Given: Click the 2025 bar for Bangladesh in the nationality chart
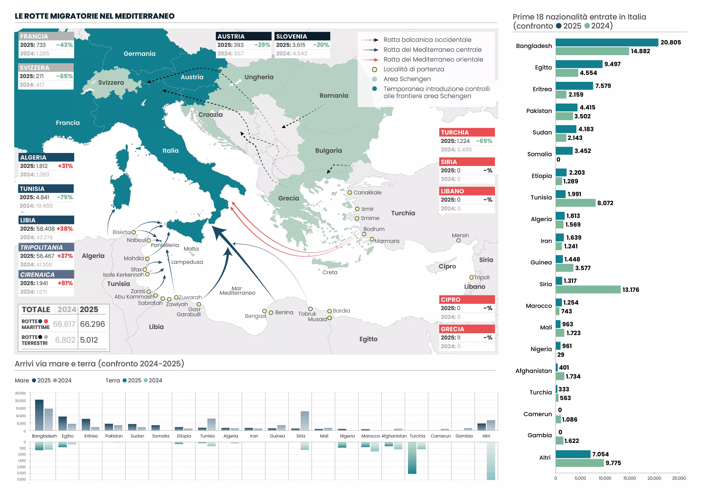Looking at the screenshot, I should pos(607,42).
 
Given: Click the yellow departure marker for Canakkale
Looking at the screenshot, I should pos(350,193).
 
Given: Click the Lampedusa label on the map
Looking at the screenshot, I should pos(187,262).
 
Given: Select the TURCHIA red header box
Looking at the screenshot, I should pos(467,132).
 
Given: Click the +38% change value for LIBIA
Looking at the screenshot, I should pos(65,229).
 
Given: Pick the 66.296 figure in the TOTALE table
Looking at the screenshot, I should pos(92,324).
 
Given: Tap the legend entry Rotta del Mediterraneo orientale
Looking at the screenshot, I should pos(433,59).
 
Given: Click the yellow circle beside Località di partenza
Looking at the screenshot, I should pos(374,69).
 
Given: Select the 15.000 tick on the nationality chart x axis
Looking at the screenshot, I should pos(629,478).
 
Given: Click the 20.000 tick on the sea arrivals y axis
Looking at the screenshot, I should pos(21,401).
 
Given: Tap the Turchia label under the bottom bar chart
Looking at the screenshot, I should pos(417,436).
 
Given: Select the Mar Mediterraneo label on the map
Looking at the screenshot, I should pos(237,291).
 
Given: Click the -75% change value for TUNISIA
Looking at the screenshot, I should pos(65,197).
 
